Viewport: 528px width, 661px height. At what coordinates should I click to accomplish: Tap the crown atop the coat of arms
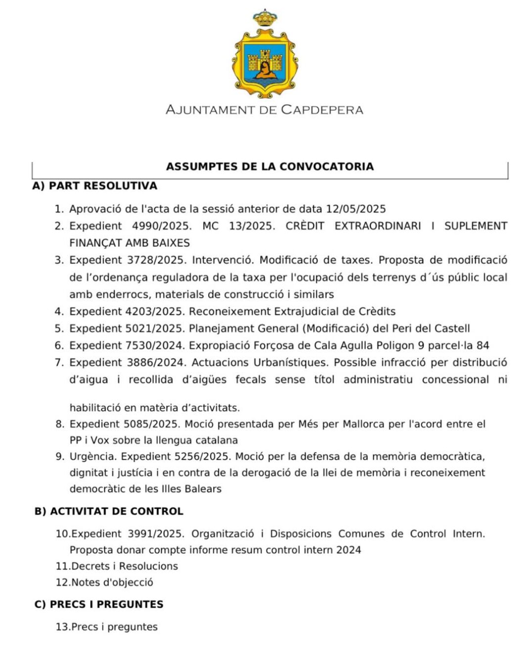click(x=265, y=18)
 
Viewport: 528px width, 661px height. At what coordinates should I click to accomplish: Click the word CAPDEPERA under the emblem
click(x=322, y=110)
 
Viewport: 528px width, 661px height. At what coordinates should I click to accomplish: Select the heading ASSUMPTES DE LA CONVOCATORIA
click(x=269, y=167)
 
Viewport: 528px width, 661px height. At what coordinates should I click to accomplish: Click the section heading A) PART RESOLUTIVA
click(x=94, y=186)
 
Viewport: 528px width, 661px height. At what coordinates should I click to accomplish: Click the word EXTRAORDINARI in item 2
click(x=378, y=226)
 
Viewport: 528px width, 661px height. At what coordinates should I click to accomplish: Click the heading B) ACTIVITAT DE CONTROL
click(x=109, y=511)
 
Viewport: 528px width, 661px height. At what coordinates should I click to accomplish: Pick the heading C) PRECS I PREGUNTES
click(x=99, y=604)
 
